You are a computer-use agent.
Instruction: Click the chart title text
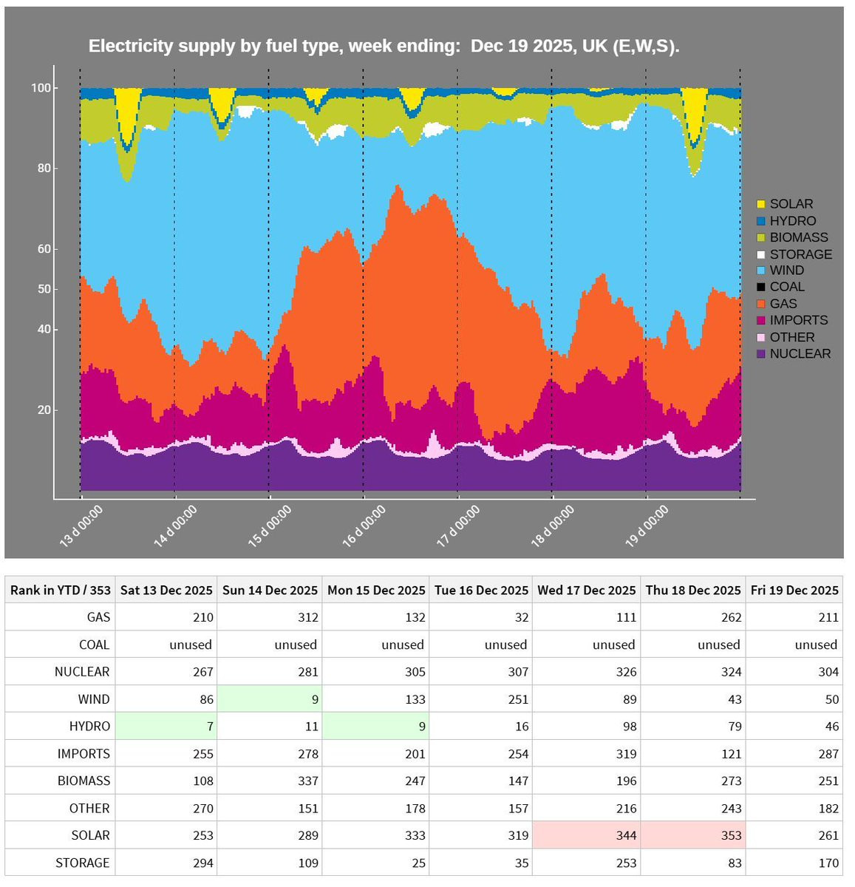[x=384, y=46]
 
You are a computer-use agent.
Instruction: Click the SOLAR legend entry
[x=791, y=204]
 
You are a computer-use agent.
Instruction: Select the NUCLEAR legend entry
[x=800, y=354]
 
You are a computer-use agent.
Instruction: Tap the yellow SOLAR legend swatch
[x=761, y=204]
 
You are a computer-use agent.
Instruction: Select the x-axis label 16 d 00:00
[x=364, y=526]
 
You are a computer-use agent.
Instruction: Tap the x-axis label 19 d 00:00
[x=647, y=526]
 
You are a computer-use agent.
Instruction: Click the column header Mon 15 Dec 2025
[x=376, y=590]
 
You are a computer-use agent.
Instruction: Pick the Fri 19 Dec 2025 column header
[x=794, y=590]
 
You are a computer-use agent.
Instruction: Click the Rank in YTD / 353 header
[x=61, y=590]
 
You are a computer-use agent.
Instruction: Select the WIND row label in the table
[x=94, y=699]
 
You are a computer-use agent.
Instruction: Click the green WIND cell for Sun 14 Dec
[x=270, y=699]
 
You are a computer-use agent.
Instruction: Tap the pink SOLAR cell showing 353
[x=693, y=835]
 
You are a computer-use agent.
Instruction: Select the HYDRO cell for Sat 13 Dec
[x=166, y=727]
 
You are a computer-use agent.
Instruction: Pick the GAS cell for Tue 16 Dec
[x=480, y=617]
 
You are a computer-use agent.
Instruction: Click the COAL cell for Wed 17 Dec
[x=587, y=645]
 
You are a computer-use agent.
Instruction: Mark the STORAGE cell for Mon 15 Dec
[x=376, y=863]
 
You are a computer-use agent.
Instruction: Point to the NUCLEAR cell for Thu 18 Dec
[x=693, y=672]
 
